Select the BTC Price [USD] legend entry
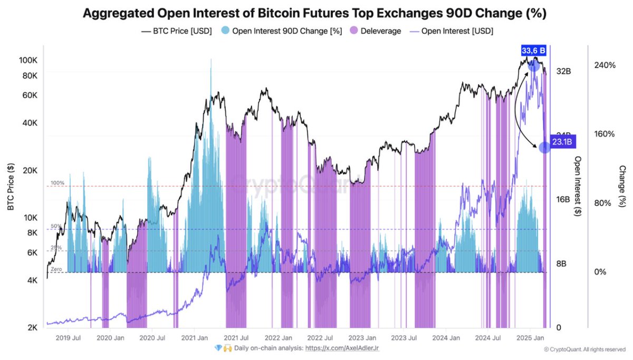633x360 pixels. click(x=176, y=31)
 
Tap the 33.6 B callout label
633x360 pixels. click(x=534, y=50)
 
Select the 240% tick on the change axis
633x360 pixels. click(x=605, y=65)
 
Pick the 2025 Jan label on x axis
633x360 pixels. click(x=529, y=338)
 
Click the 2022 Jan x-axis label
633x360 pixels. click(x=278, y=338)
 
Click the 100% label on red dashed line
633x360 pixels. click(x=57, y=183)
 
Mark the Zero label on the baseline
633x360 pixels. click(x=57, y=269)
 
